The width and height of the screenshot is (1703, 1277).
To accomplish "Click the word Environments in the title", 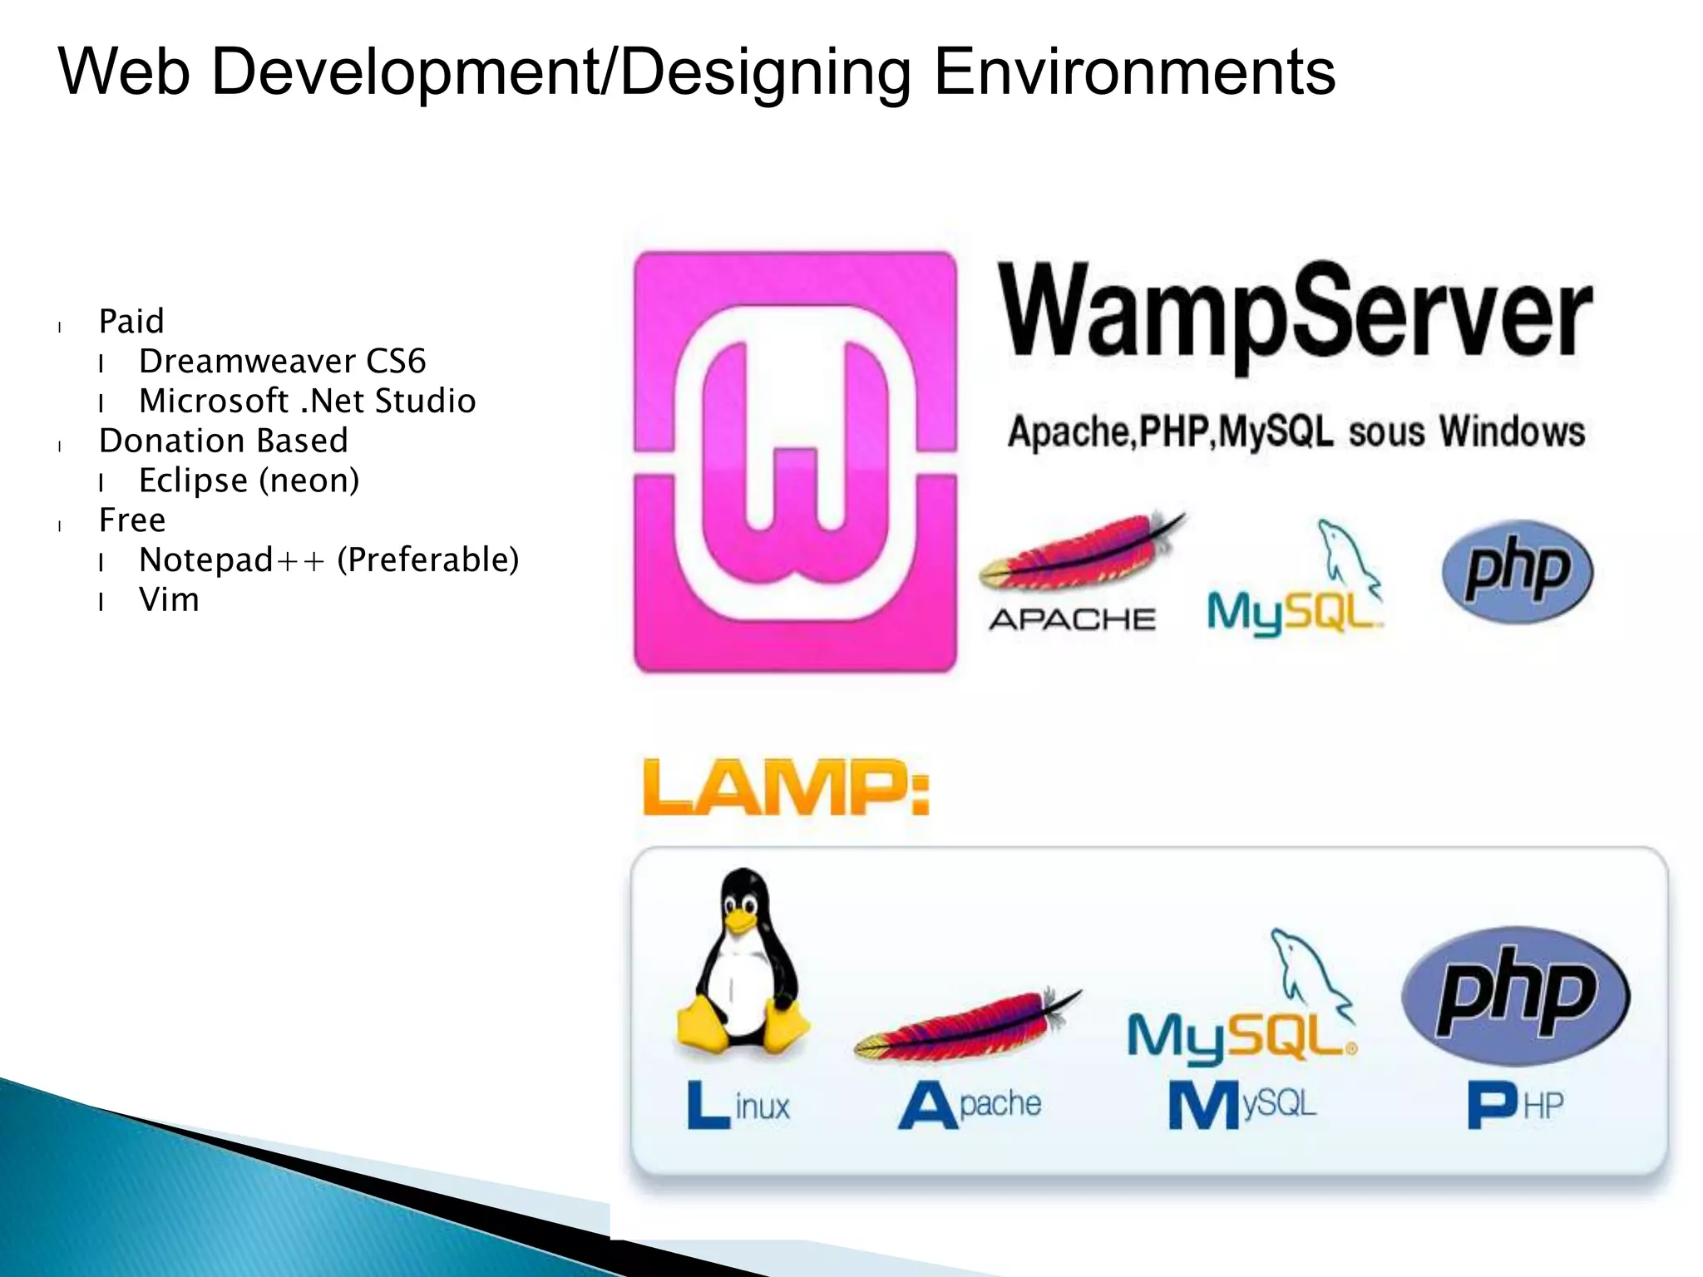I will click(1134, 73).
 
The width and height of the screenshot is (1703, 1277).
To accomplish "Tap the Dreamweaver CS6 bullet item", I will click(282, 362).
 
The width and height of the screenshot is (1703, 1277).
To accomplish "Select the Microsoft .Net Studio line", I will click(307, 402).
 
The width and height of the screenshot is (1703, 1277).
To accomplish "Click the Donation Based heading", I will click(223, 441).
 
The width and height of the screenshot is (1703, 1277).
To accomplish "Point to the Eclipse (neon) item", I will click(249, 481).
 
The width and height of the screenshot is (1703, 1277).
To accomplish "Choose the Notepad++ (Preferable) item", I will click(328, 560).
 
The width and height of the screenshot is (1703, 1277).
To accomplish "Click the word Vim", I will click(169, 600).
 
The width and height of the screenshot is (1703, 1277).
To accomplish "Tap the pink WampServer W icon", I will click(795, 461).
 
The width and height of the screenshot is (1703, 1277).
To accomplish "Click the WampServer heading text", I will click(1294, 316).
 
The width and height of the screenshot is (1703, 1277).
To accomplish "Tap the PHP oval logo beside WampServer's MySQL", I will click(1517, 571).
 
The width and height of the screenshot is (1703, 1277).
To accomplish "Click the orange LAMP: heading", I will click(786, 787).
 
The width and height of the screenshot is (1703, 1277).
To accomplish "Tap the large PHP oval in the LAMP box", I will click(1515, 995).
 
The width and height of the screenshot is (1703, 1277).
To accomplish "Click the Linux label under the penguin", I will click(738, 1106).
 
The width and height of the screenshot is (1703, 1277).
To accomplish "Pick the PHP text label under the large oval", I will click(1515, 1106).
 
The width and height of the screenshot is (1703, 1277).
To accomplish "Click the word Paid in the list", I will click(131, 322).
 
